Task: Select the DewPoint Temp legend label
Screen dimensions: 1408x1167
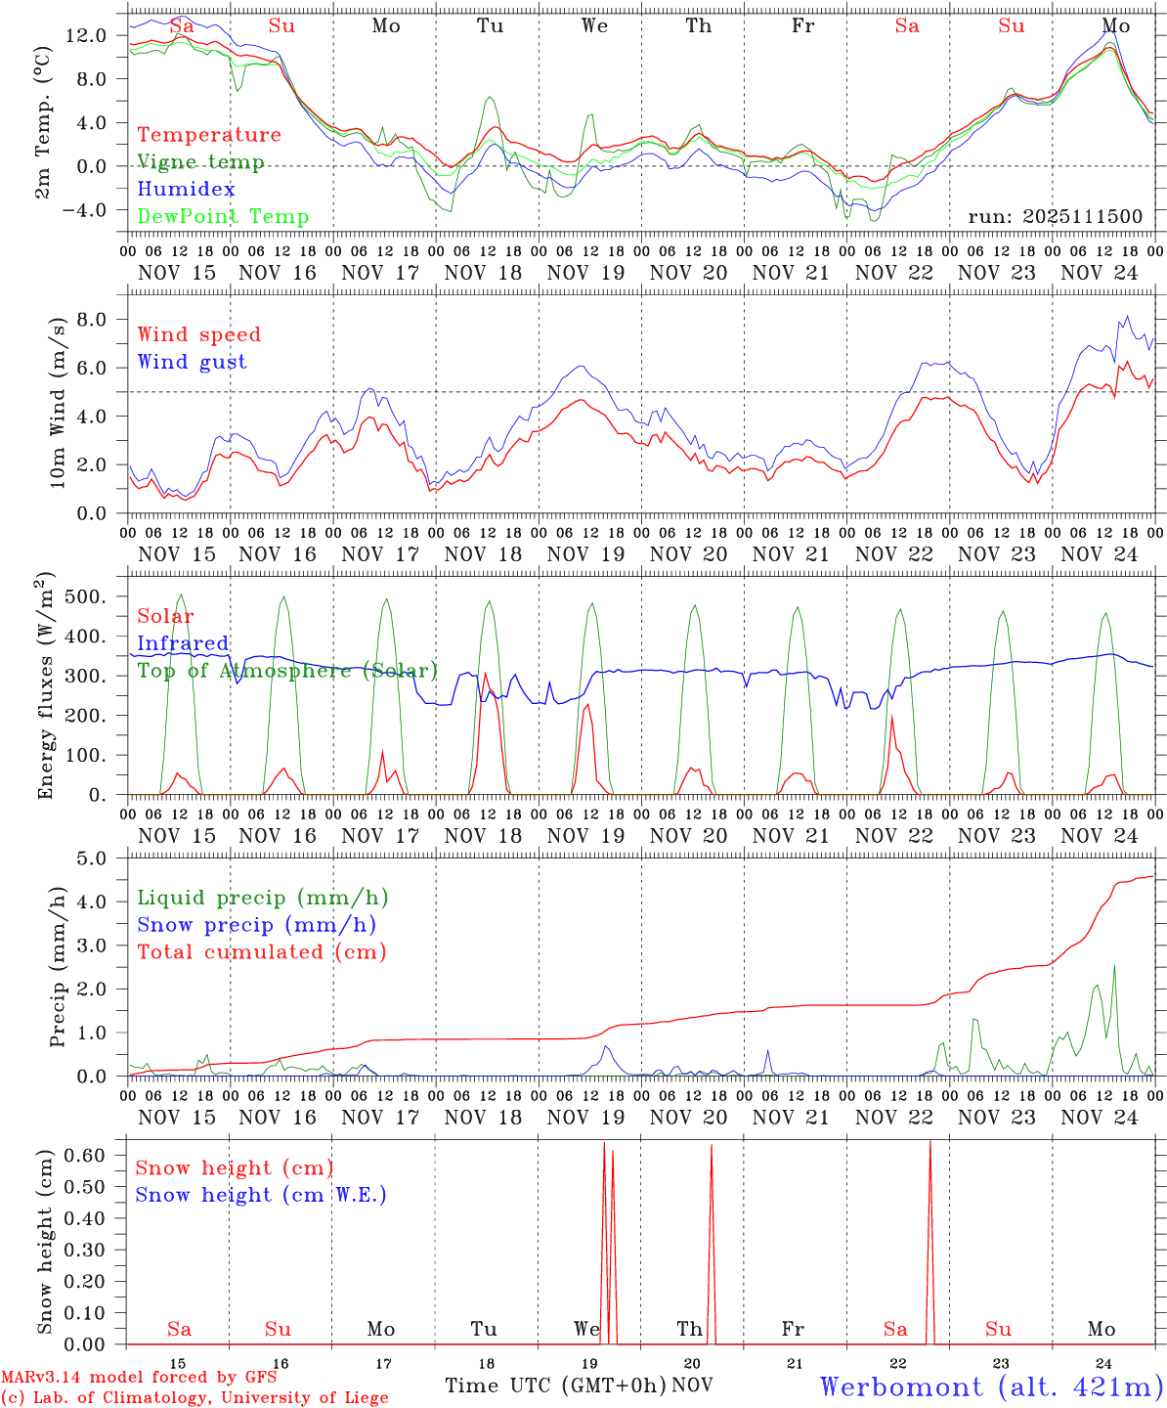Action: click(223, 216)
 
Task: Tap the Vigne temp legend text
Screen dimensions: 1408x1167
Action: click(200, 161)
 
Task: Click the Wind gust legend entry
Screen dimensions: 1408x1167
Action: click(192, 362)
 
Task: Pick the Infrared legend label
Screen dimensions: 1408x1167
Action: click(183, 643)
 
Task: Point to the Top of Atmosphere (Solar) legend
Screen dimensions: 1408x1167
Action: click(287, 671)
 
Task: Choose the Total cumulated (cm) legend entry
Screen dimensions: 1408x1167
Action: click(262, 951)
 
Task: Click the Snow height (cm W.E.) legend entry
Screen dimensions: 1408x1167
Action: click(261, 1195)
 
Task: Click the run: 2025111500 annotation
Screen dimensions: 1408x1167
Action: click(1055, 216)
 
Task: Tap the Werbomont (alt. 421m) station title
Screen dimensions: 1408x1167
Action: click(991, 1386)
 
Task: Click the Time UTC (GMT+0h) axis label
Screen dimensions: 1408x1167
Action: click(555, 1386)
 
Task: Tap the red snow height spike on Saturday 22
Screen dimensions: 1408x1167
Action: click(929, 1154)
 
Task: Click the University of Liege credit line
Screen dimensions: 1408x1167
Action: click(194, 1397)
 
